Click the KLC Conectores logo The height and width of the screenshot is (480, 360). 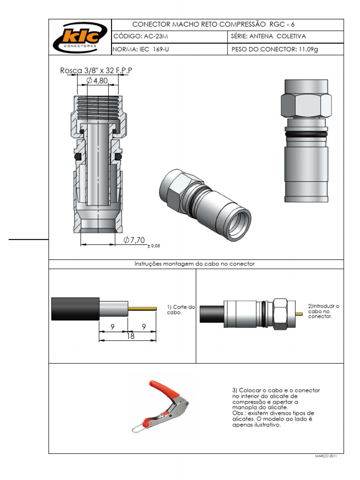pyautogui.click(x=80, y=37)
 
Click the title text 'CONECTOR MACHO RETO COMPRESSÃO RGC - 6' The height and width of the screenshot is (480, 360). pyautogui.click(x=214, y=24)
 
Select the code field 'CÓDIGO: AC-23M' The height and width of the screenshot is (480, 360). pyautogui.click(x=141, y=37)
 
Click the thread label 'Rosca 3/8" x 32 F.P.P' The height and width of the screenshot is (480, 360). pyautogui.click(x=96, y=71)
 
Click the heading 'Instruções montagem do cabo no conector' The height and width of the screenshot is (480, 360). pyautogui.click(x=195, y=264)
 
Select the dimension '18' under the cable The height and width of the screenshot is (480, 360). pyautogui.click(x=130, y=336)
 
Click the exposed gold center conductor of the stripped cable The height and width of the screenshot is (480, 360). pyautogui.click(x=142, y=308)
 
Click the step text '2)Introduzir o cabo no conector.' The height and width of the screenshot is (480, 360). pyautogui.click(x=323, y=311)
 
